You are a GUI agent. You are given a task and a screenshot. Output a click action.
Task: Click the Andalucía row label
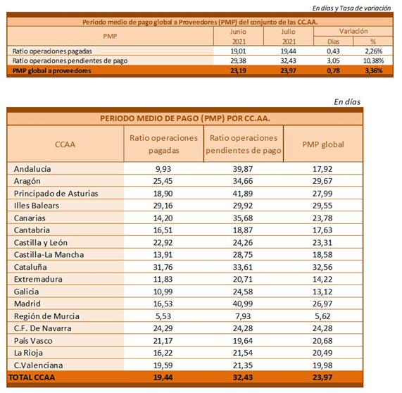(x=32, y=169)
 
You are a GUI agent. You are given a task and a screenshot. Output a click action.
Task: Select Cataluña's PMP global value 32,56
(x=322, y=267)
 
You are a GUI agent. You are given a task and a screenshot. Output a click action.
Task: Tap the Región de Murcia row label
(x=46, y=316)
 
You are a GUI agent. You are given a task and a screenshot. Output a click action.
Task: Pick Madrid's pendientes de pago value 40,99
(x=243, y=304)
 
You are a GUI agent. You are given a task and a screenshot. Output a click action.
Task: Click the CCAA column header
(x=65, y=144)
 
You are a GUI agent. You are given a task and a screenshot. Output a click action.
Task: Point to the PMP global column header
(x=323, y=144)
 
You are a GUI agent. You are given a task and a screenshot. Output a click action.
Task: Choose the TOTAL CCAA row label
(x=32, y=378)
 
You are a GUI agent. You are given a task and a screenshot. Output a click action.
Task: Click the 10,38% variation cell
(x=375, y=61)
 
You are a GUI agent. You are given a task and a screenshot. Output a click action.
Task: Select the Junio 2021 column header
(x=239, y=37)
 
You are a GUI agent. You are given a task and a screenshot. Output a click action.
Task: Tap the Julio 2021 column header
(x=289, y=37)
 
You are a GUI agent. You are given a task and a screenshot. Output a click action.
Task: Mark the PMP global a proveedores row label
(x=52, y=71)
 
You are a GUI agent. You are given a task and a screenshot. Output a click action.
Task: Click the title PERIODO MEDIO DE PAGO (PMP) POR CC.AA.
(x=185, y=118)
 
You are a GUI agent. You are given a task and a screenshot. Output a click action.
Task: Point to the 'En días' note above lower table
(x=347, y=102)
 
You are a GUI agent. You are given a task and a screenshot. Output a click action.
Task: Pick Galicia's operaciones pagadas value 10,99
(x=163, y=292)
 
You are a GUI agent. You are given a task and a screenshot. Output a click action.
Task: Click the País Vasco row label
(x=33, y=341)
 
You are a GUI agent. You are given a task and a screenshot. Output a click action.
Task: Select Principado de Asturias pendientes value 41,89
(x=243, y=194)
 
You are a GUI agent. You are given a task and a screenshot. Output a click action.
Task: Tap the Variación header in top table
(x=353, y=31)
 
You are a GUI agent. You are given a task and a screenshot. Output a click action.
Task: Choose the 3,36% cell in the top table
(x=374, y=71)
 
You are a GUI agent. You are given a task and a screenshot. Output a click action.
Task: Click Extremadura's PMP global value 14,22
(x=322, y=279)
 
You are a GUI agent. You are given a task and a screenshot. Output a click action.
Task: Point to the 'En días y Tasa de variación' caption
(x=351, y=8)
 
